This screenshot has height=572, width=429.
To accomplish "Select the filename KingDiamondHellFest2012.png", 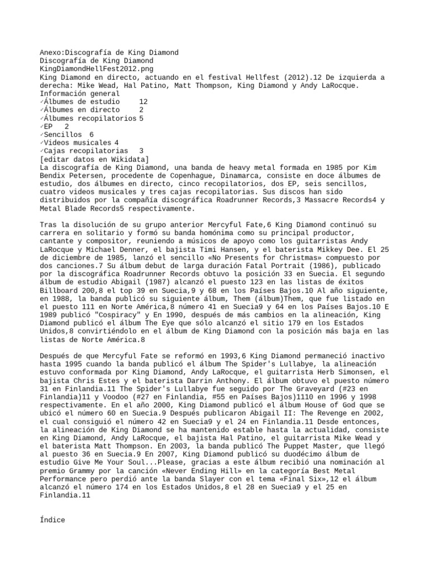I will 92,69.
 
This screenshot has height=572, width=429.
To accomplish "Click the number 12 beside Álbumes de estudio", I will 144,102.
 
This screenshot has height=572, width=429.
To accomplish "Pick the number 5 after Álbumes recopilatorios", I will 141,118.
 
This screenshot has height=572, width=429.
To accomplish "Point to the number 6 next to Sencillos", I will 92,135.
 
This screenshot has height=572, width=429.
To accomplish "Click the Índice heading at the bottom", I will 53,520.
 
